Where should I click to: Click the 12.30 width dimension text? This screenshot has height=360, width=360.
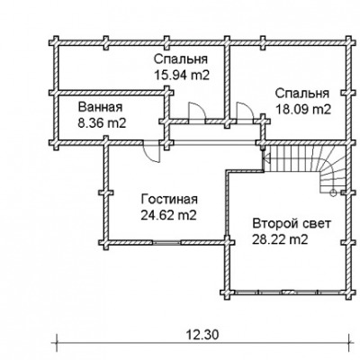(202, 334)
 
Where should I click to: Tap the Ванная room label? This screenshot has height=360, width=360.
(100, 107)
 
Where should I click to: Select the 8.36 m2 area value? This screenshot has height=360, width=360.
(102, 123)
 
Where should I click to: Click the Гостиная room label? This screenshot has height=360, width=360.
(169, 199)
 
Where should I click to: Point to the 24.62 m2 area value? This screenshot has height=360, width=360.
(168, 215)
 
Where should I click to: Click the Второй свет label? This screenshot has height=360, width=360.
(292, 224)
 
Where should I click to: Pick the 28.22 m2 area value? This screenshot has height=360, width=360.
(280, 239)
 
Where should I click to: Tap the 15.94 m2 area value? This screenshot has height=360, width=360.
(182, 75)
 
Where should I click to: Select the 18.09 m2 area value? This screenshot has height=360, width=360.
(303, 109)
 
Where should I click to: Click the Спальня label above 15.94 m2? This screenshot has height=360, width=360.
(181, 59)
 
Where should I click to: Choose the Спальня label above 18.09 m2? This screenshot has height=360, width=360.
(302, 94)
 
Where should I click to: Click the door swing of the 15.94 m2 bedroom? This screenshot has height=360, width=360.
(196, 112)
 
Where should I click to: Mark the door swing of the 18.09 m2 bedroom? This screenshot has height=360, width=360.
(245, 112)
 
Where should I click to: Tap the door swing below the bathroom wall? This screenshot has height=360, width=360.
(152, 153)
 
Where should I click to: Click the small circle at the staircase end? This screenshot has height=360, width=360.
(333, 193)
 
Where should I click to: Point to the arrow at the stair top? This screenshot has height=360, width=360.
(266, 157)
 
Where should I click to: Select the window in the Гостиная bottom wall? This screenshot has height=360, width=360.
(167, 242)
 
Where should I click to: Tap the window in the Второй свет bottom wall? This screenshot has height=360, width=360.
(288, 291)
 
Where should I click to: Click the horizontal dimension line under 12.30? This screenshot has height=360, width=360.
(203, 342)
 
